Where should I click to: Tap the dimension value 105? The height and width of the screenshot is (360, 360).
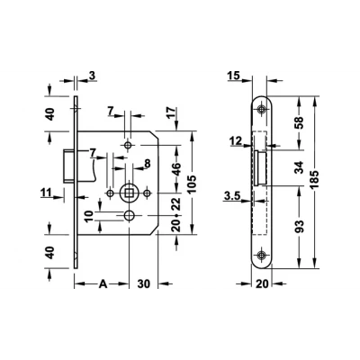[193, 184]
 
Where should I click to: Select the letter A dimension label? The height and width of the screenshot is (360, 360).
[103, 283]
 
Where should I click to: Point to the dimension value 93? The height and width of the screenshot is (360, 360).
[299, 227]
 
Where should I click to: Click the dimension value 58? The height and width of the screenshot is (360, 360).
[299, 122]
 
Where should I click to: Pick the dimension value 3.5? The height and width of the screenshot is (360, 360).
[232, 196]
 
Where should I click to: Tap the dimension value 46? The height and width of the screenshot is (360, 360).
[177, 169]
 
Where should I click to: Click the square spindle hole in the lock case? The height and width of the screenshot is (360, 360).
[129, 193]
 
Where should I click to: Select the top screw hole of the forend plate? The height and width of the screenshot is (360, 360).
[262, 109]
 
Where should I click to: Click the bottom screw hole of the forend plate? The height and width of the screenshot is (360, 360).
[262, 255]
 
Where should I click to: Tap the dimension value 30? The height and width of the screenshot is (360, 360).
[144, 283]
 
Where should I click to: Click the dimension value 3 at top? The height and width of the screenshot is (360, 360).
[92, 76]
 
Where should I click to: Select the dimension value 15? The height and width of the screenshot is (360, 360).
[233, 76]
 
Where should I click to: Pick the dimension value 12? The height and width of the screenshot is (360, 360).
[235, 140]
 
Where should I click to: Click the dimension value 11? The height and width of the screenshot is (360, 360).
[47, 193]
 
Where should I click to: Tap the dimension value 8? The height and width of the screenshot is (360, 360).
[147, 164]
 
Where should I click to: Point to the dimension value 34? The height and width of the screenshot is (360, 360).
[299, 167]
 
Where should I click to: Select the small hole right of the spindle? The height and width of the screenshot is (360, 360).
[147, 193]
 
